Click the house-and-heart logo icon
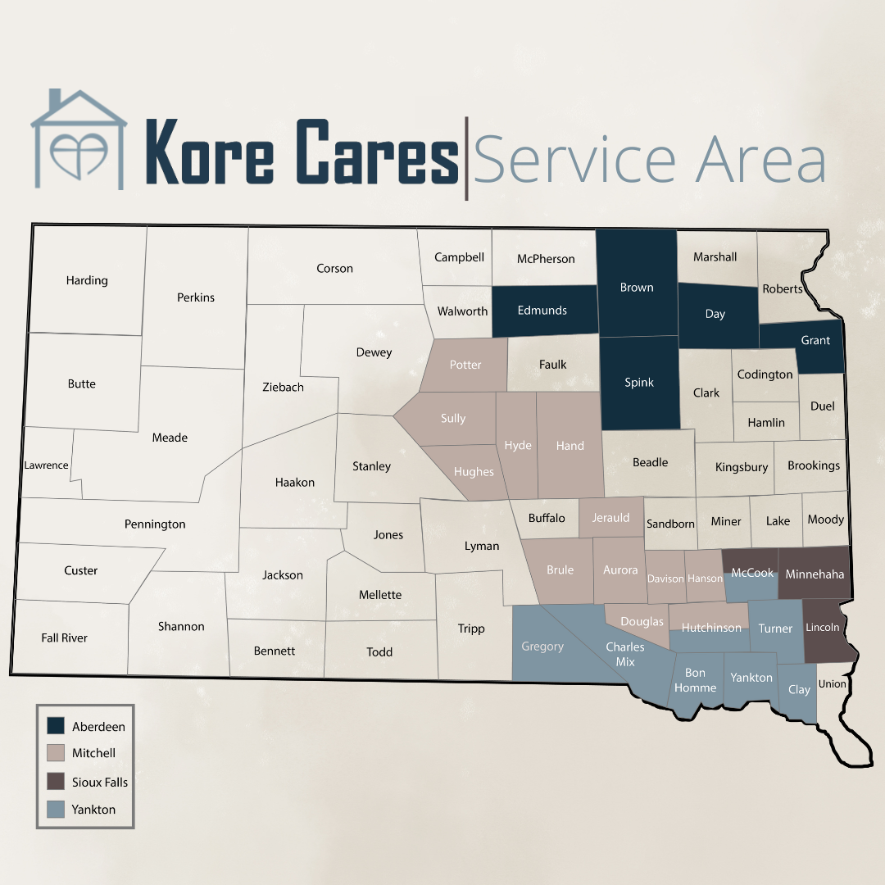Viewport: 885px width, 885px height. coord(79,140)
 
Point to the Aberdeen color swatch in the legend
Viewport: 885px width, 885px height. coord(56,726)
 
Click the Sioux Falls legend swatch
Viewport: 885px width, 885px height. coord(56,782)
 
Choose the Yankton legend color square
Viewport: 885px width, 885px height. coord(56,810)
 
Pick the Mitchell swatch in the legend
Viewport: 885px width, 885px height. coord(56,753)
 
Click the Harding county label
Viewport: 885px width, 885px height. coord(87,280)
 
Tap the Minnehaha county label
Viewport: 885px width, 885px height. coord(815,574)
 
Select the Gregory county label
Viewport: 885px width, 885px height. coord(542,647)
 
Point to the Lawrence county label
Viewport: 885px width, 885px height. coord(46,465)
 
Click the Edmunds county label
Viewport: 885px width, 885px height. coord(542,311)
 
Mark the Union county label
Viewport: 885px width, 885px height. coord(833,684)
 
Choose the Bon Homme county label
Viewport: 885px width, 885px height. coord(696,681)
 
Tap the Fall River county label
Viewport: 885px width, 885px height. coord(64,638)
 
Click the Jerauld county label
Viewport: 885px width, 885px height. coord(611,518)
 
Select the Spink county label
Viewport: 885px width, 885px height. coord(639,383)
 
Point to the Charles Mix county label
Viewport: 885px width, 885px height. coord(625,654)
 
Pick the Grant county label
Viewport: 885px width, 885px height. coord(815,341)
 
